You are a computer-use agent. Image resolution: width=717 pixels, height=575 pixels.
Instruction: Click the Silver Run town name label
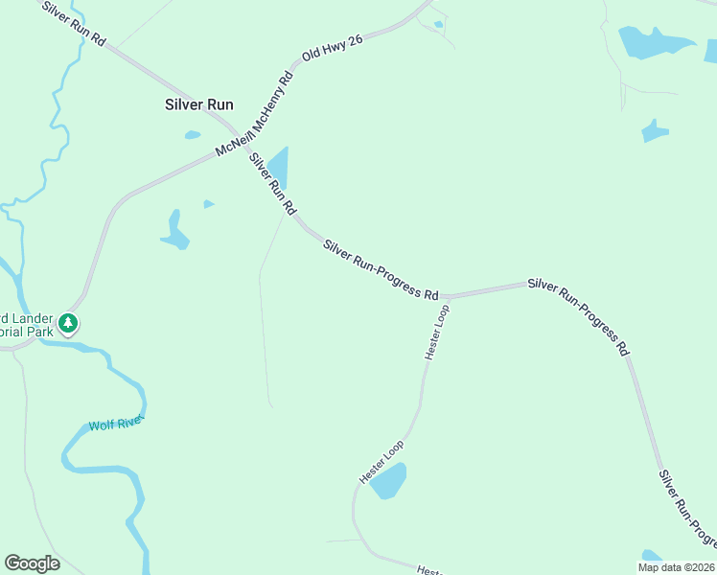click(199, 105)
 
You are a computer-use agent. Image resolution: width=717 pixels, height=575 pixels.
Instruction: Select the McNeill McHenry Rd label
click(254, 117)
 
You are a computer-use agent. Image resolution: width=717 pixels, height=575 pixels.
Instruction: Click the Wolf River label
click(115, 423)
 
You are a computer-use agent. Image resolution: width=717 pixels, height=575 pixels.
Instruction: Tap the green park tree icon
click(68, 324)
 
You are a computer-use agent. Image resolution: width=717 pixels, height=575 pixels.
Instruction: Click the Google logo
click(32, 563)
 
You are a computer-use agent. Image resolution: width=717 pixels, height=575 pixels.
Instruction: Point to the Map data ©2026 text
click(677, 567)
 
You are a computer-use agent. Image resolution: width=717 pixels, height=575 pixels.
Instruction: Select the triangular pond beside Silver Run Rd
click(279, 167)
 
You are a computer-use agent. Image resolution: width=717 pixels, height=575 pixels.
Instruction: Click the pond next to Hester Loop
click(389, 480)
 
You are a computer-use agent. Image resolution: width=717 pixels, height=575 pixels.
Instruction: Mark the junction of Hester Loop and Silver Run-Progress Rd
click(445, 297)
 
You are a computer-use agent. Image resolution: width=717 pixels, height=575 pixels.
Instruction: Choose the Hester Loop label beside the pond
click(381, 462)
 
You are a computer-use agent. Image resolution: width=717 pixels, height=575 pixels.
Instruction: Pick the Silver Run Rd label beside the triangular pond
click(273, 184)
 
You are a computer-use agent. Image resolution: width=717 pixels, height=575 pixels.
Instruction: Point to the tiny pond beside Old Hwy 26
click(439, 24)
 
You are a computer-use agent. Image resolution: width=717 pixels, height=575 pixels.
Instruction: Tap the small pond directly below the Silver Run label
click(193, 135)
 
